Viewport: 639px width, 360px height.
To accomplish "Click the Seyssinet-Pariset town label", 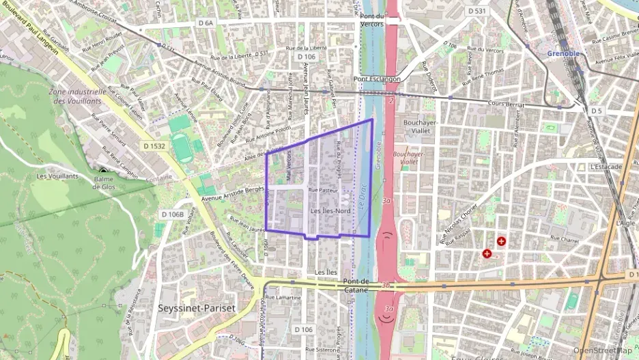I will pos(196,308).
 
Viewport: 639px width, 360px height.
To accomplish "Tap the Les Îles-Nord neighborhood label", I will pos(330,211).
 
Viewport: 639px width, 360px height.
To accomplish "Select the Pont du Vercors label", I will pos(372,20).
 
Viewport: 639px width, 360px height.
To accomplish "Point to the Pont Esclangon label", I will pos(377,79).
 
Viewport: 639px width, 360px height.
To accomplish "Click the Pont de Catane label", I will pos(356,286).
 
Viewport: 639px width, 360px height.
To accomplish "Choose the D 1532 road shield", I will pos(156,146).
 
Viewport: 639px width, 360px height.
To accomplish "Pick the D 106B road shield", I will pos(173,214).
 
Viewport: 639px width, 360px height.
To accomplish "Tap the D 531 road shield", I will pos(477,11).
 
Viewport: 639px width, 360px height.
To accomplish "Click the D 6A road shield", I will pos(205,23).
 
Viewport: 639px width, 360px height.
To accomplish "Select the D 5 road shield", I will pos(597,110).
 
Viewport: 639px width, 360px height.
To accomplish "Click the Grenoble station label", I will pos(563,53).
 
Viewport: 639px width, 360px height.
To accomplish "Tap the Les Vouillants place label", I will pos(57,176).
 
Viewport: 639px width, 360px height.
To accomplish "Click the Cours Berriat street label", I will pos(507,104).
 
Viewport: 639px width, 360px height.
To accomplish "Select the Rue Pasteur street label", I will pos(323,190).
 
